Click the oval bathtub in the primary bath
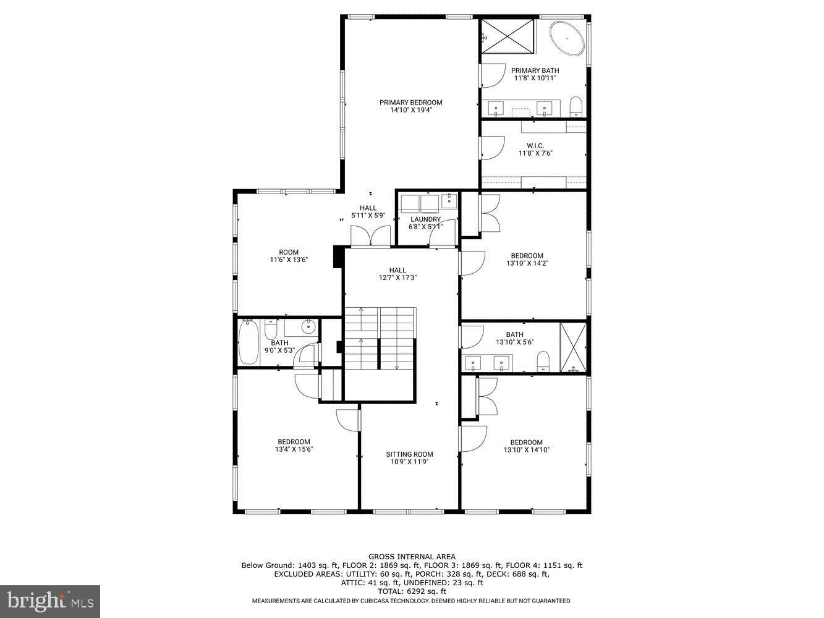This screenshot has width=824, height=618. pos(567,38)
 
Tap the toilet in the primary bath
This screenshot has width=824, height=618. pos(576,106)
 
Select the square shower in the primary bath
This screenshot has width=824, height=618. pos(508,36)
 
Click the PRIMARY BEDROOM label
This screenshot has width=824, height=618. pos(410,103)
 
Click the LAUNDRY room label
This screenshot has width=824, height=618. pos(425,219)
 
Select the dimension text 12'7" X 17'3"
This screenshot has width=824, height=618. pos(398,278)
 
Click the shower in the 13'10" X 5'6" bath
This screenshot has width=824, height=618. pos(572,347)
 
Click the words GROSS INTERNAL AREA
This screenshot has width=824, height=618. pos(412,557)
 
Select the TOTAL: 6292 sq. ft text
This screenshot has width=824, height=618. pos(412,591)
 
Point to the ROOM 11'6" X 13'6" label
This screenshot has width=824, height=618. pos(289,256)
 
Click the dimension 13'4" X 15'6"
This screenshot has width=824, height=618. pos(294,450)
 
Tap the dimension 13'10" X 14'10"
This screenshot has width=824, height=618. pos(526,451)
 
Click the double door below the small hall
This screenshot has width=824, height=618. pos(371,237)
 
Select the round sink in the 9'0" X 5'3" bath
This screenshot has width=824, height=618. pos(307,328)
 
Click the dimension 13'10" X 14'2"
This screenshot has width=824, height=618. pos(527,263)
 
